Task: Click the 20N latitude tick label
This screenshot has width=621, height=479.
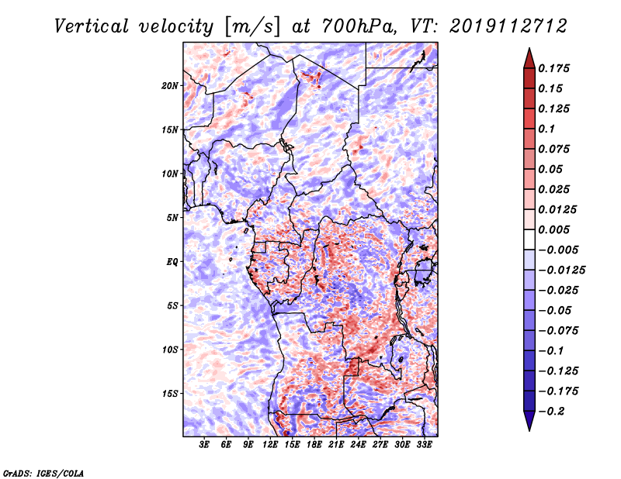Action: [x=170, y=85]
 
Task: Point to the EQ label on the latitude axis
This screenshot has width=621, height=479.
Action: [x=172, y=261]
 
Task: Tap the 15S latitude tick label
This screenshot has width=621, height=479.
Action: [x=170, y=393]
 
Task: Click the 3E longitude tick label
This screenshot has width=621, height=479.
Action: [x=204, y=445]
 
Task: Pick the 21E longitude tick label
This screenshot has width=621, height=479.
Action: [x=336, y=445]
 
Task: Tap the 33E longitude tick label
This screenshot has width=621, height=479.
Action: [x=424, y=445]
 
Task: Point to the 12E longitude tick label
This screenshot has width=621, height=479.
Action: [x=270, y=445]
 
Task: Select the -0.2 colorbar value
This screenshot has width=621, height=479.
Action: [x=553, y=411]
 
